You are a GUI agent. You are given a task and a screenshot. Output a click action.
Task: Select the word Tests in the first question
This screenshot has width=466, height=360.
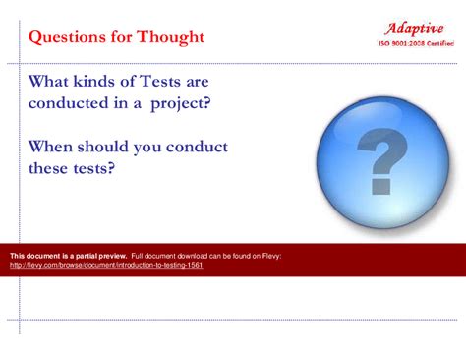pyautogui.click(x=160, y=81)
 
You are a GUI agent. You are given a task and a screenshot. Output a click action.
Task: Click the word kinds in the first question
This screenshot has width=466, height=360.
pyautogui.click(x=102, y=81)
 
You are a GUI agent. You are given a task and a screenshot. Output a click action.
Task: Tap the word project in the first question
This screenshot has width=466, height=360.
pyautogui.click(x=180, y=103)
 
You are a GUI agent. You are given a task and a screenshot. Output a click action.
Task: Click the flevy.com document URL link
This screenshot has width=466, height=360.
pyautogui.click(x=106, y=265)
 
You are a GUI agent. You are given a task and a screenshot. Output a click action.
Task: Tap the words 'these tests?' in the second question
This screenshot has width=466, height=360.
pyautogui.click(x=72, y=168)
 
